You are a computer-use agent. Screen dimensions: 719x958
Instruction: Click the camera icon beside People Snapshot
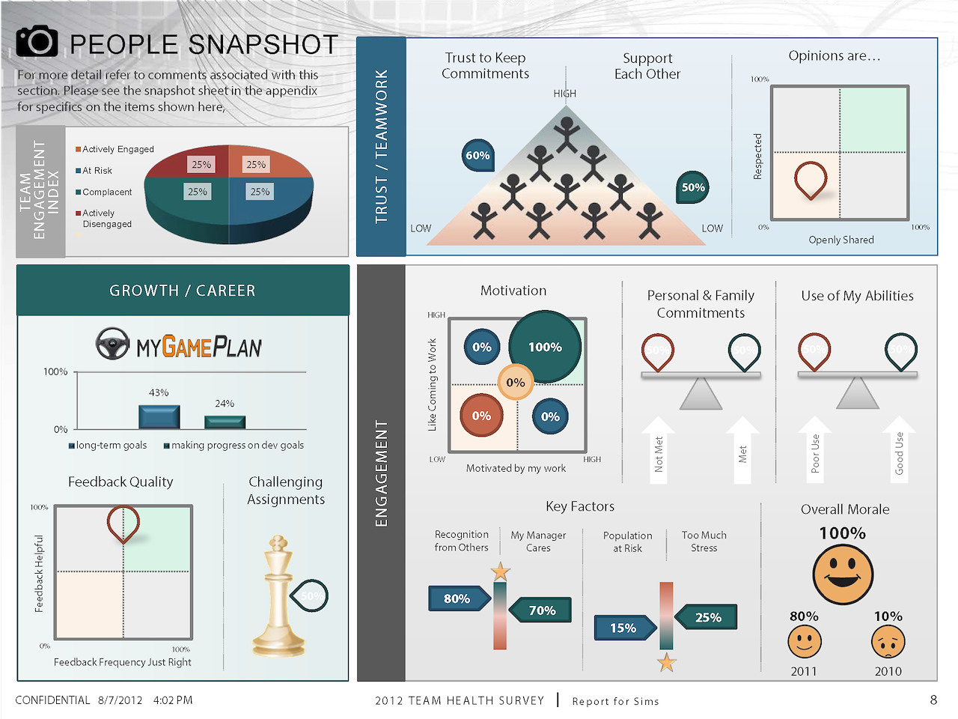click(x=37, y=42)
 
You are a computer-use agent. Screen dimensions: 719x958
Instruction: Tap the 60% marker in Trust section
click(x=478, y=155)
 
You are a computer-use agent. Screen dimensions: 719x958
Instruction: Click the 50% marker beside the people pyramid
click(x=693, y=187)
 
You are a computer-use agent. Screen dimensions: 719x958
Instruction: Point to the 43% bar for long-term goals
click(x=159, y=417)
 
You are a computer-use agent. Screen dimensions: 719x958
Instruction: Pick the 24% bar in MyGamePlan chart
click(x=225, y=422)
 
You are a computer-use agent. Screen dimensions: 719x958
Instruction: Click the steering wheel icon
click(x=113, y=345)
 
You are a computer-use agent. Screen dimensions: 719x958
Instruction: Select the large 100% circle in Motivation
click(x=545, y=347)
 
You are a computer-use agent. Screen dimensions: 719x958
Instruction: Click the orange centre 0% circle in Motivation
click(x=516, y=382)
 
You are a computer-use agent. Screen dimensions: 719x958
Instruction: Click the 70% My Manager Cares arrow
click(x=541, y=610)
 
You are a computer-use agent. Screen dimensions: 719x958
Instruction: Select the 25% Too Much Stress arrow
click(x=707, y=617)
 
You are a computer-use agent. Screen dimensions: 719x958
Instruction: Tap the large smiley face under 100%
click(x=843, y=574)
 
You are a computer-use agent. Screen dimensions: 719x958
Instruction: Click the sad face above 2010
click(x=888, y=642)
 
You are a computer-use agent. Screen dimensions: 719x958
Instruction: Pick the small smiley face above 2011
click(x=805, y=642)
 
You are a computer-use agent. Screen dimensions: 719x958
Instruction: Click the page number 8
click(x=933, y=700)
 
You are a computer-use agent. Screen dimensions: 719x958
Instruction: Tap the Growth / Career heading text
click(x=183, y=291)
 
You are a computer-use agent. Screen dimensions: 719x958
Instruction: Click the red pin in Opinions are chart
click(x=810, y=180)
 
